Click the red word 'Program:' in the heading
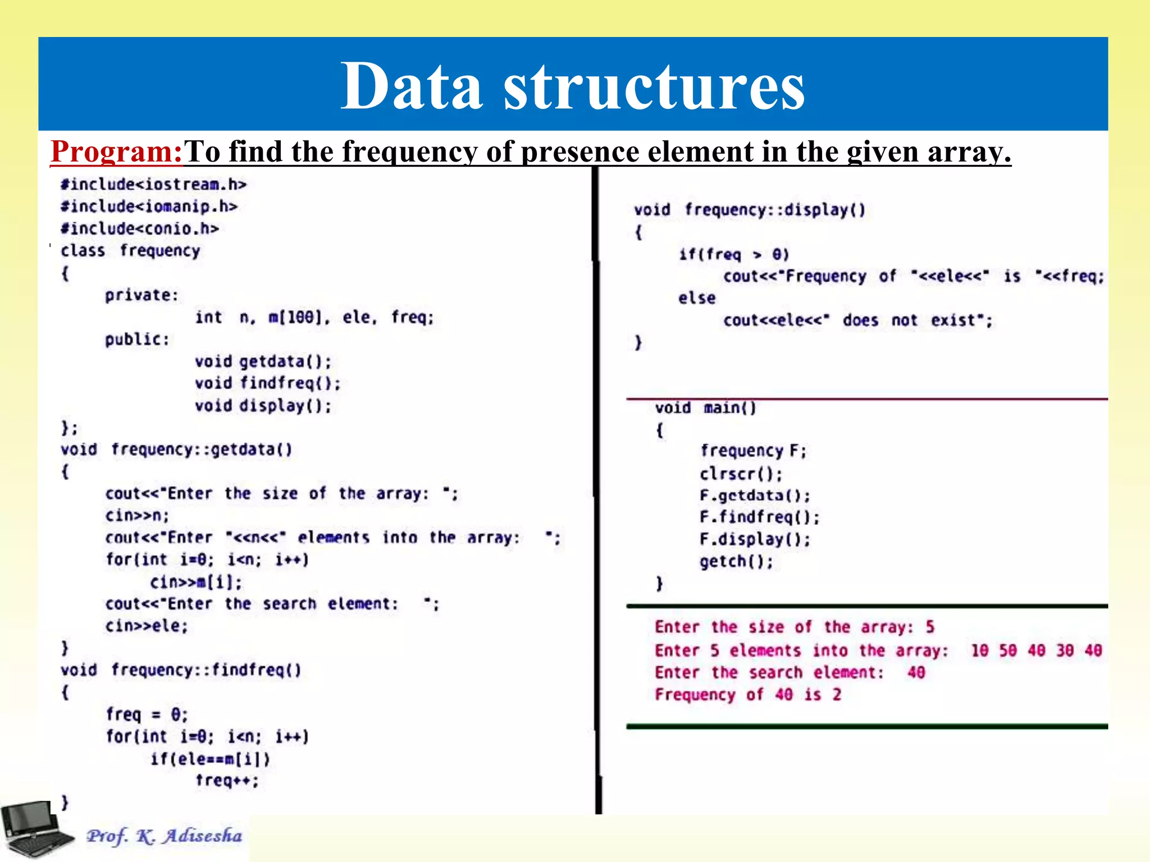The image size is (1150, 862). click(117, 152)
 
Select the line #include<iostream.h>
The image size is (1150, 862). click(153, 185)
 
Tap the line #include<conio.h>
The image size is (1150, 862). click(140, 228)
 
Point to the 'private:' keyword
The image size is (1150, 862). click(141, 295)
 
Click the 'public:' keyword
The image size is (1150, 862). click(136, 339)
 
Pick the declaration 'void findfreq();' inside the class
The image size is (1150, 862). click(267, 383)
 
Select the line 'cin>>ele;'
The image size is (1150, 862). click(147, 626)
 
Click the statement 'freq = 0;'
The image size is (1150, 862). click(147, 714)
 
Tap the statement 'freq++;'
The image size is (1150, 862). click(227, 781)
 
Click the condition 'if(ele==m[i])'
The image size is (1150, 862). click(210, 759)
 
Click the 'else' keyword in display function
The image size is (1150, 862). click(696, 298)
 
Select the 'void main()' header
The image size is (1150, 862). click(705, 408)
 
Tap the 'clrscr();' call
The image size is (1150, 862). click(741, 474)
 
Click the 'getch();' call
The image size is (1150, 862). click(736, 562)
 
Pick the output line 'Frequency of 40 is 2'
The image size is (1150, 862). click(748, 695)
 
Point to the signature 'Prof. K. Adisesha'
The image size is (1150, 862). click(164, 836)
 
